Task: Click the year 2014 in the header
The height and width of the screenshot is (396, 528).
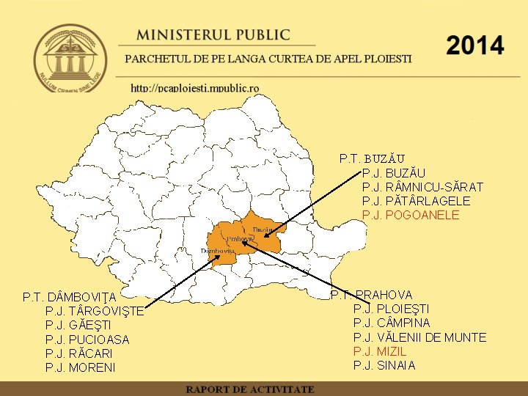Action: (474, 46)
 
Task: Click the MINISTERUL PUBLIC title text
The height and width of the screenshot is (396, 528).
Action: (213, 35)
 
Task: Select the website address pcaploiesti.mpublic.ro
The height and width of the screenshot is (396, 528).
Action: (194, 88)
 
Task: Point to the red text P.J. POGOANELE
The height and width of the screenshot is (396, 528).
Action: (411, 215)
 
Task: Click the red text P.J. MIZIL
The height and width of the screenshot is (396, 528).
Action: (380, 351)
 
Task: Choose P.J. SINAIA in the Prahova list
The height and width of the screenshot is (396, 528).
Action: (384, 365)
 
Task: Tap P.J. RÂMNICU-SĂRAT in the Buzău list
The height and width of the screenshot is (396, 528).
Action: (417, 187)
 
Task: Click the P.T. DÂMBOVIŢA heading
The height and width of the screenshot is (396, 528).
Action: (70, 297)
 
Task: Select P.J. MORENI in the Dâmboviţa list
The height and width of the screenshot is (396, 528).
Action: (80, 367)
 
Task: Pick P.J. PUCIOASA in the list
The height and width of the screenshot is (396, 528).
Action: (87, 340)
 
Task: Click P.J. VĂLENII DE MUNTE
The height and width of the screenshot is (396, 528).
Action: (419, 337)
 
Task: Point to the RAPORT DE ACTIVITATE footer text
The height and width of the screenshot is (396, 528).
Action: (249, 389)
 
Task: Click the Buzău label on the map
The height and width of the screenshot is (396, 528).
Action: (262, 230)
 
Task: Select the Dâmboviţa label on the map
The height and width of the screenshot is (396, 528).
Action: (217, 251)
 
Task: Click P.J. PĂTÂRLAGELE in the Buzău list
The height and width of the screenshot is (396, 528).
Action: (417, 201)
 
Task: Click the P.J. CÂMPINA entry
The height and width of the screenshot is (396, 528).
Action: (392, 323)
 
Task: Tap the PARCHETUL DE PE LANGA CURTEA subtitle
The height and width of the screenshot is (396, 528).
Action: (268, 59)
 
